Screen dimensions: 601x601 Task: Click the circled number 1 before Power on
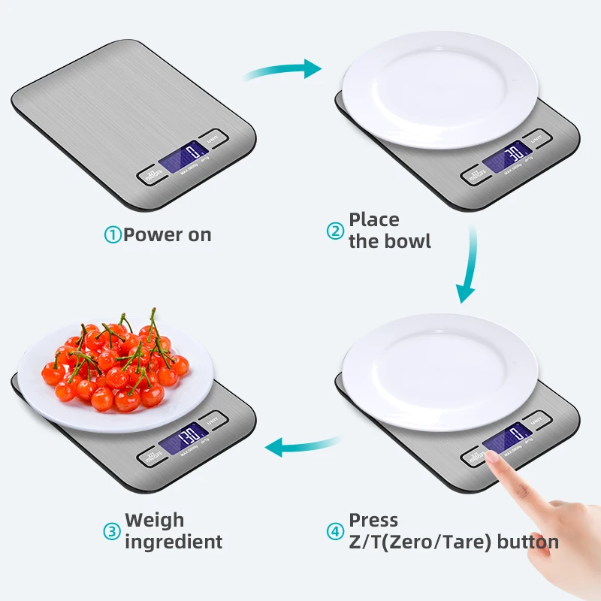112,235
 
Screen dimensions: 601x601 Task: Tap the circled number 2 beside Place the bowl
335,231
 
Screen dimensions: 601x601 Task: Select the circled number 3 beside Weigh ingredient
112,531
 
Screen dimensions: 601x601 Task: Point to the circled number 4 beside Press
335,531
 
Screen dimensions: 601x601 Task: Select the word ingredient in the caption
174,542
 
